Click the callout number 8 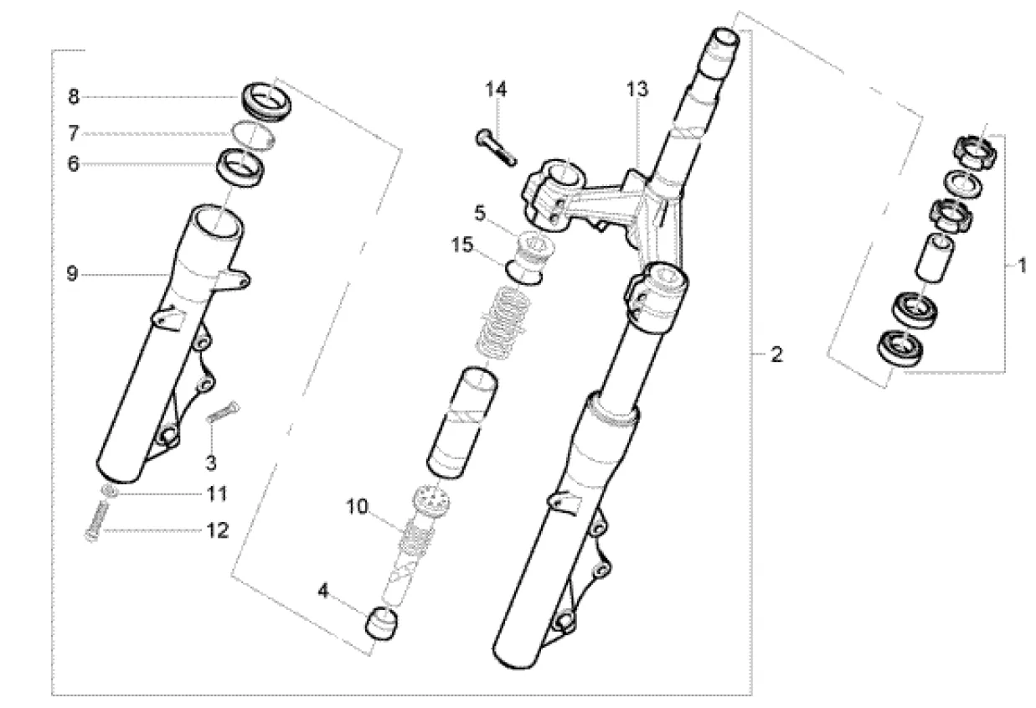[74, 97]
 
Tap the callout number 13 [637, 89]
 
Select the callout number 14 [496, 89]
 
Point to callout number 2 [776, 355]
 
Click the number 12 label [218, 530]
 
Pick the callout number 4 [323, 591]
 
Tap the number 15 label [462, 245]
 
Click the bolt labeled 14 [497, 147]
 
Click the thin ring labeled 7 [254, 136]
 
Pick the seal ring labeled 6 [241, 168]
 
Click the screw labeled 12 [97, 521]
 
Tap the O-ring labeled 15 [523, 273]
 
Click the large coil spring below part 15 [503, 323]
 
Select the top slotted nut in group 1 [976, 152]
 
